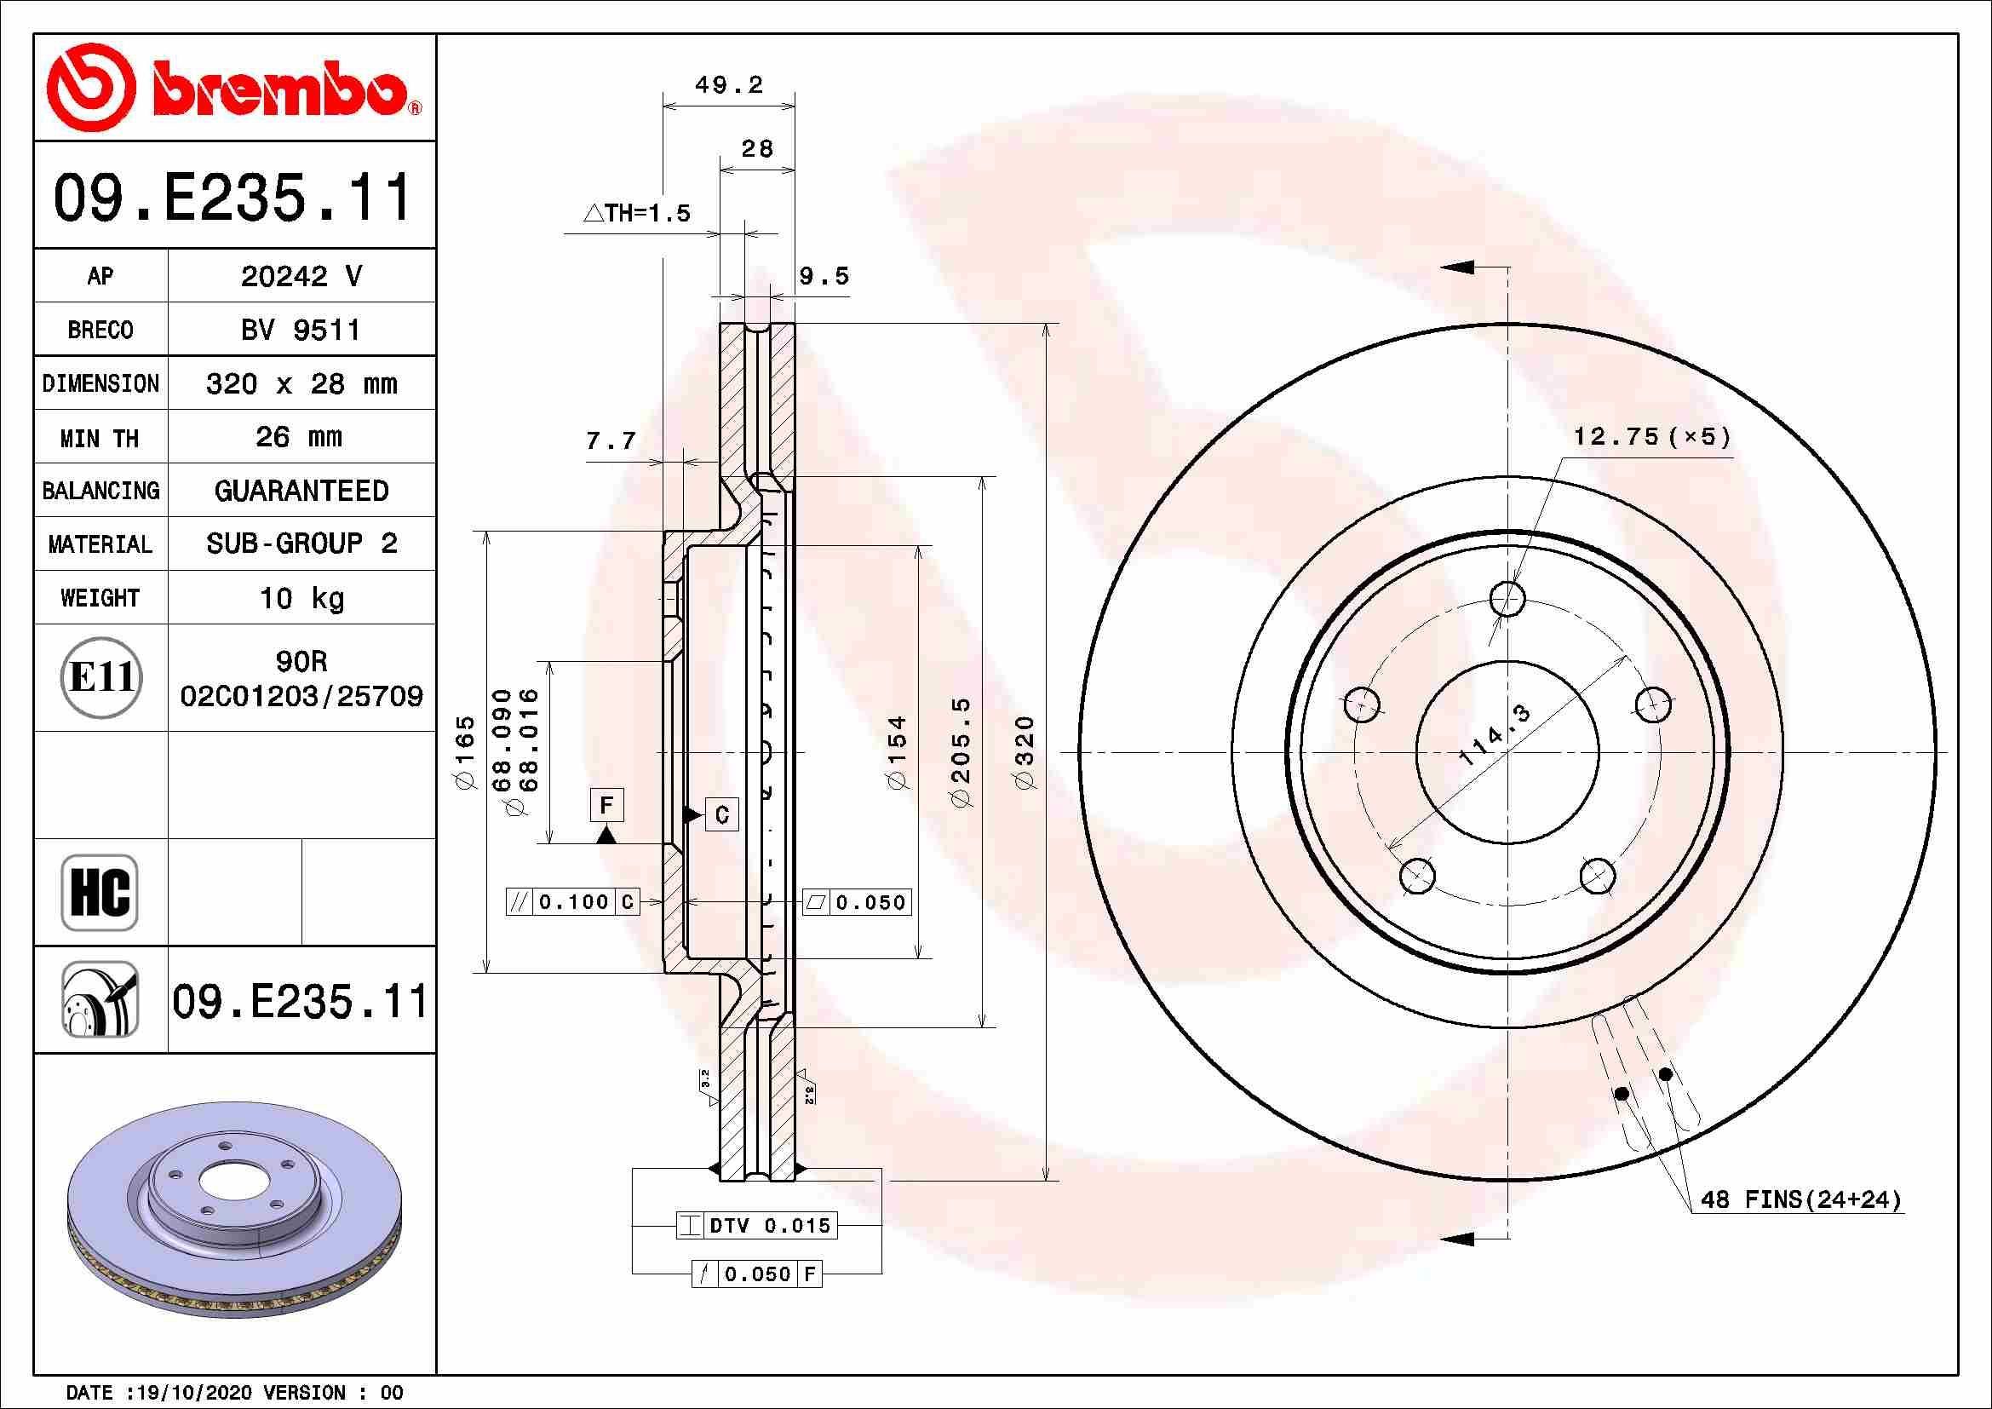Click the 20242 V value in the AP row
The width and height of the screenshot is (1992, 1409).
pos(301,276)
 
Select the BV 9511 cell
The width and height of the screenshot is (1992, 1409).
pos(301,330)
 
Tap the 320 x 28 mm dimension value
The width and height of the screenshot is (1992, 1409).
pos(301,383)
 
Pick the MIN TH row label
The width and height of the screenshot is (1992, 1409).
pos(100,438)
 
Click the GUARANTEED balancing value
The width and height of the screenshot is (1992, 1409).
pos(301,491)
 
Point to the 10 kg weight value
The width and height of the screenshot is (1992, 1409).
pos(301,598)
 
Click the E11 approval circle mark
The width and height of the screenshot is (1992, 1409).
pos(101,677)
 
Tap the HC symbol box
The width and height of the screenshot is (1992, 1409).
pos(100,892)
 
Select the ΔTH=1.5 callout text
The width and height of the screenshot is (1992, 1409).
pos(637,213)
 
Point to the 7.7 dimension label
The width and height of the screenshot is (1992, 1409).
pos(611,441)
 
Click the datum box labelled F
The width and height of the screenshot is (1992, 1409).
pos(606,804)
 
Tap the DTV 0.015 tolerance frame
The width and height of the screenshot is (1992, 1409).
pos(757,1225)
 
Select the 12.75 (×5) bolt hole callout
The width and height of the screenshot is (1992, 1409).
pos(1652,436)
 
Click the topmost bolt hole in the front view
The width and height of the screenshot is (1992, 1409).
pos(1508,598)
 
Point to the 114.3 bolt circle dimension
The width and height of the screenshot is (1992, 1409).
pos(1495,736)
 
